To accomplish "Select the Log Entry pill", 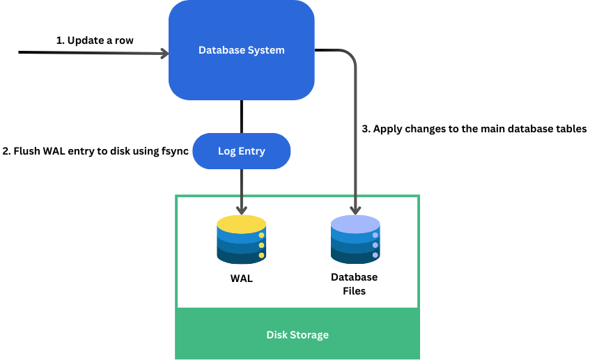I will pyautogui.click(x=241, y=151).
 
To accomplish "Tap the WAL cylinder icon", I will pyautogui.click(x=241, y=240).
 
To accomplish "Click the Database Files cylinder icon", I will pyautogui.click(x=355, y=240).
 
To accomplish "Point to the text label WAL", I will pyautogui.click(x=241, y=279).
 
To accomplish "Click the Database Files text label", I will pyautogui.click(x=354, y=284).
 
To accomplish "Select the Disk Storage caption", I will pyautogui.click(x=297, y=335).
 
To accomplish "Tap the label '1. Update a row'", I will pyautogui.click(x=95, y=40).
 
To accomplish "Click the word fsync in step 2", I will pyautogui.click(x=175, y=151).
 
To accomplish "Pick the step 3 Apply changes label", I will pyautogui.click(x=474, y=129).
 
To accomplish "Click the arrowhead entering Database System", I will pyautogui.click(x=165, y=52).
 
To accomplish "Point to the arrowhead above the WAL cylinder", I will pyautogui.click(x=241, y=210).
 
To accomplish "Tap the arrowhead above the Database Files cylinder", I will pyautogui.click(x=355, y=210).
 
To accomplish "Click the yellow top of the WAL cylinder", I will pyautogui.click(x=241, y=224).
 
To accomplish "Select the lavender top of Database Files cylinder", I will pyautogui.click(x=355, y=224).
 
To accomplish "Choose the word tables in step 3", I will pyautogui.click(x=571, y=129).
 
